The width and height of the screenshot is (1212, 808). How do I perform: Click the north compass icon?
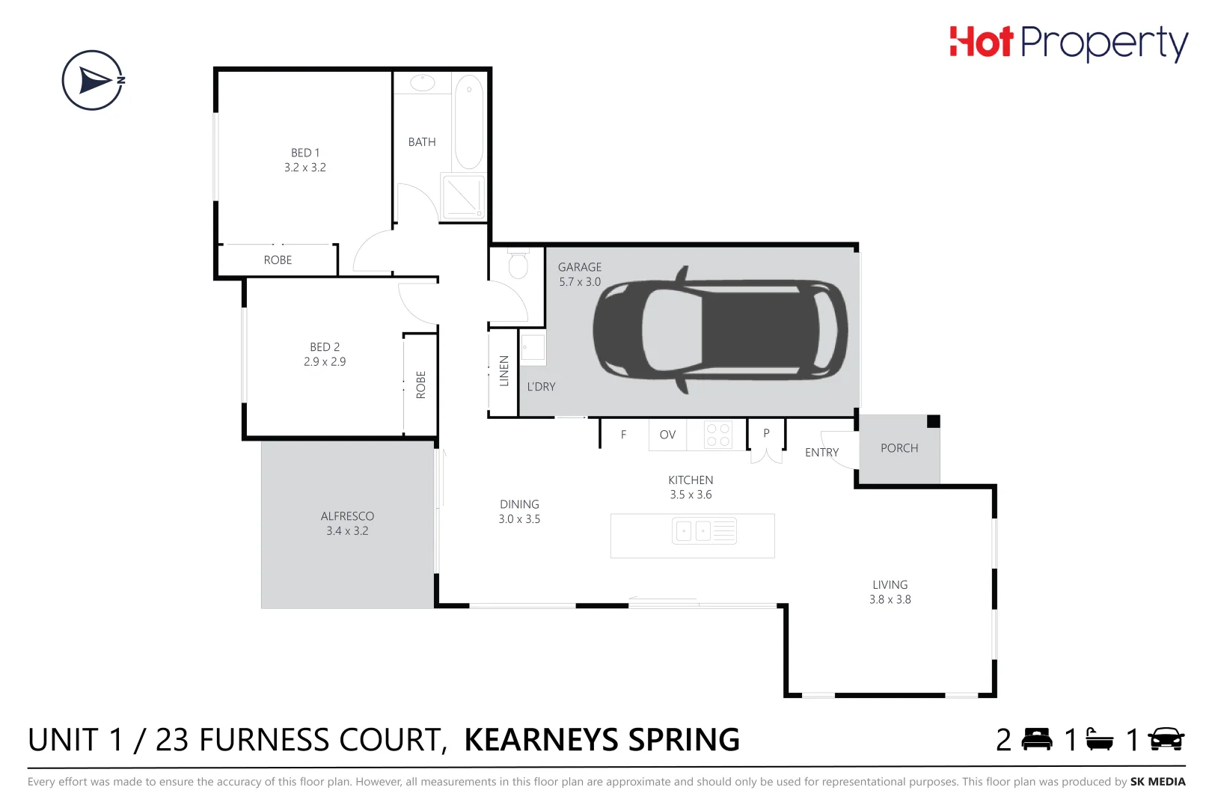coord(93,80)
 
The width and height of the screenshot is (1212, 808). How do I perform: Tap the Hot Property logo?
coord(1068,43)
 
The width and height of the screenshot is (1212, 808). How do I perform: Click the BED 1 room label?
coord(305,160)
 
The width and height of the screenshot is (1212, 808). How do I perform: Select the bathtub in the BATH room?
coord(469,121)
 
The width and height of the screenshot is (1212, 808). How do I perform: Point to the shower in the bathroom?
coord(463,197)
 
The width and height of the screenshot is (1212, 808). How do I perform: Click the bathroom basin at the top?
coord(422,82)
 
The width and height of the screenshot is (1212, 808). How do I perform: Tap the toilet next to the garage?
coord(518,265)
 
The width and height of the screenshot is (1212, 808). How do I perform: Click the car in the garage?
coord(720,329)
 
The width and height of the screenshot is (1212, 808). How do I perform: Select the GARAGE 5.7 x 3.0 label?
coord(580,275)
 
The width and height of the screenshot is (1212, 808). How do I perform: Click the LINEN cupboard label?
coord(504,371)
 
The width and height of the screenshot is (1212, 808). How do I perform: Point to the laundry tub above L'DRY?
coord(533,349)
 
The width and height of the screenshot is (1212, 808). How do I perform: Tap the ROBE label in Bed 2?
coord(420,385)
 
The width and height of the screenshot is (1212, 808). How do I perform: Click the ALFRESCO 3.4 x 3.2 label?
coord(347,524)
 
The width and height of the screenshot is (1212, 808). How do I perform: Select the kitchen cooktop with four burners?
coord(717,435)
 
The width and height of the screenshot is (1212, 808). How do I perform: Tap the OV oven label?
coord(667,435)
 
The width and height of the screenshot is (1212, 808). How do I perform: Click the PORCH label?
coord(899,448)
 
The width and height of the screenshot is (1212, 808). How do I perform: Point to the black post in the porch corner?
coord(933,421)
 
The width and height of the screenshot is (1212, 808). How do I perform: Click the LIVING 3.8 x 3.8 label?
coord(890,592)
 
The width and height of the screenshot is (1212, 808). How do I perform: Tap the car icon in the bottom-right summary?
coord(1166,739)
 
